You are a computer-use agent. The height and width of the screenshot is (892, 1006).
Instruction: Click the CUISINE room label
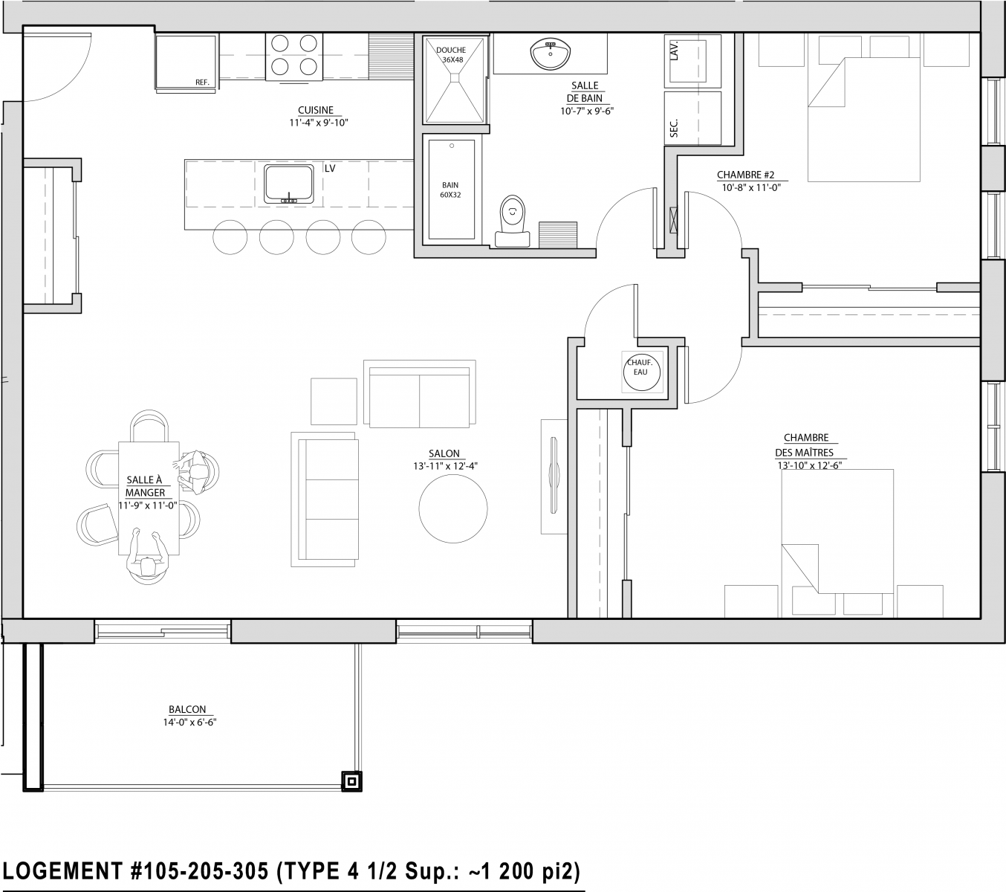[x=316, y=110]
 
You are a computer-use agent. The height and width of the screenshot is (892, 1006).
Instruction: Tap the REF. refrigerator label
[x=202, y=83]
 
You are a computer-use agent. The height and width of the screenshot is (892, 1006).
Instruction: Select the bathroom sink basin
[x=550, y=54]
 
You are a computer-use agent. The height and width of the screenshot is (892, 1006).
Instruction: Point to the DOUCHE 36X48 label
[x=451, y=55]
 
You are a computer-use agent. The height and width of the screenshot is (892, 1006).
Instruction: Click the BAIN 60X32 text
[x=450, y=190]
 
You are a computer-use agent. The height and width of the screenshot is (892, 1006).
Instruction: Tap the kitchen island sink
[x=289, y=184]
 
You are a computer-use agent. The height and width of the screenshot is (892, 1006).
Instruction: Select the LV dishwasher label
[x=330, y=169]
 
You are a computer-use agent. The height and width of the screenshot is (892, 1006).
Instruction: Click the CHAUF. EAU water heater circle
[x=641, y=372]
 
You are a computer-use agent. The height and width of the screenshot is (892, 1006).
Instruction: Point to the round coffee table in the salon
[x=453, y=509]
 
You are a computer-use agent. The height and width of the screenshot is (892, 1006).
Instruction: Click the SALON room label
[x=444, y=453]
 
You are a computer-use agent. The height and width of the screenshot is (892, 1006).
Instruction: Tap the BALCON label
[x=187, y=710]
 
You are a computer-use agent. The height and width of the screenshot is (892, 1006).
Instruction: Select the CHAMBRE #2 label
[x=745, y=175]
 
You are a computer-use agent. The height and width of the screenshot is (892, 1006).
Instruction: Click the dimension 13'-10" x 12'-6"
[x=809, y=465]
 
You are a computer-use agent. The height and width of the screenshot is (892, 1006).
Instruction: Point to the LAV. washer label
[x=674, y=51]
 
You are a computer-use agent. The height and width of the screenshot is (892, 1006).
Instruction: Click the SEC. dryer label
[x=674, y=128]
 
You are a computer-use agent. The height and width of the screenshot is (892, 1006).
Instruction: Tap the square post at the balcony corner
[x=351, y=782]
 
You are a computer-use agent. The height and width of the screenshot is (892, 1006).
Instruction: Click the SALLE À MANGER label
[x=145, y=486]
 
